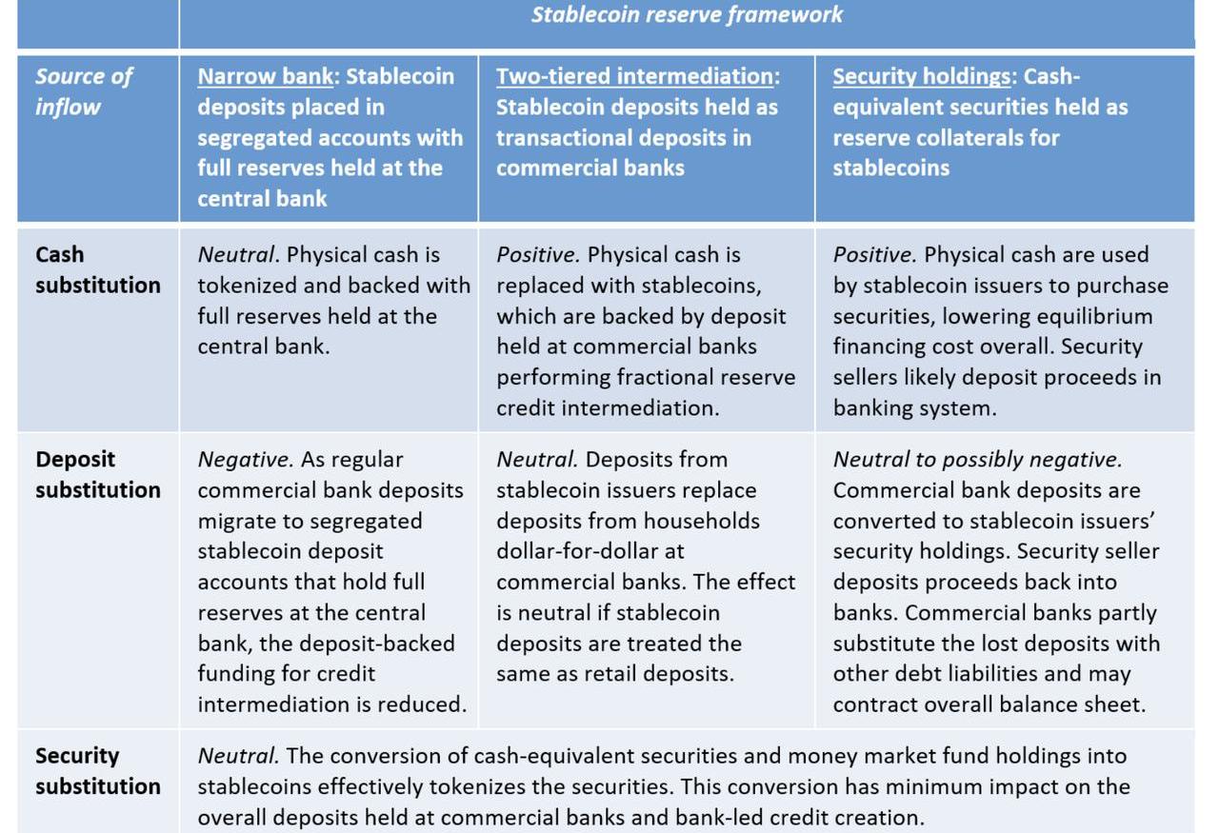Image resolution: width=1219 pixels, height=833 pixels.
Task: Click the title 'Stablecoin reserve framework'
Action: (687, 15)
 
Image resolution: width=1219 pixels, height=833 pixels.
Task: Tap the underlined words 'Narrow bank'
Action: (250, 76)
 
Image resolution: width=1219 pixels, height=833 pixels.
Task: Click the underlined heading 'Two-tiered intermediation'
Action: (634, 76)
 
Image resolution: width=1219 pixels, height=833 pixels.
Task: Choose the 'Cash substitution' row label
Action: (97, 269)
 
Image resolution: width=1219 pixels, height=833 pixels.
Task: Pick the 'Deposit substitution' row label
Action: (97, 474)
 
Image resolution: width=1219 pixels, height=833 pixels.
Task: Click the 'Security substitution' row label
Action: (97, 771)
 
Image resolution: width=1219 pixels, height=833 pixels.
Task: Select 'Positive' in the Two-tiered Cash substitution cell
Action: (537, 255)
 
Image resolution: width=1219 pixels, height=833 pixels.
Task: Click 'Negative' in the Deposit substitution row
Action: (245, 460)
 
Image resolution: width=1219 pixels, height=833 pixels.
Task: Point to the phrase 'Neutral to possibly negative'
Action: (977, 460)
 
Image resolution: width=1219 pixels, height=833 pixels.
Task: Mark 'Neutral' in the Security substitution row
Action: (237, 756)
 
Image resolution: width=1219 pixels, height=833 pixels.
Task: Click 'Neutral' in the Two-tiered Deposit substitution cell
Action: (536, 460)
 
